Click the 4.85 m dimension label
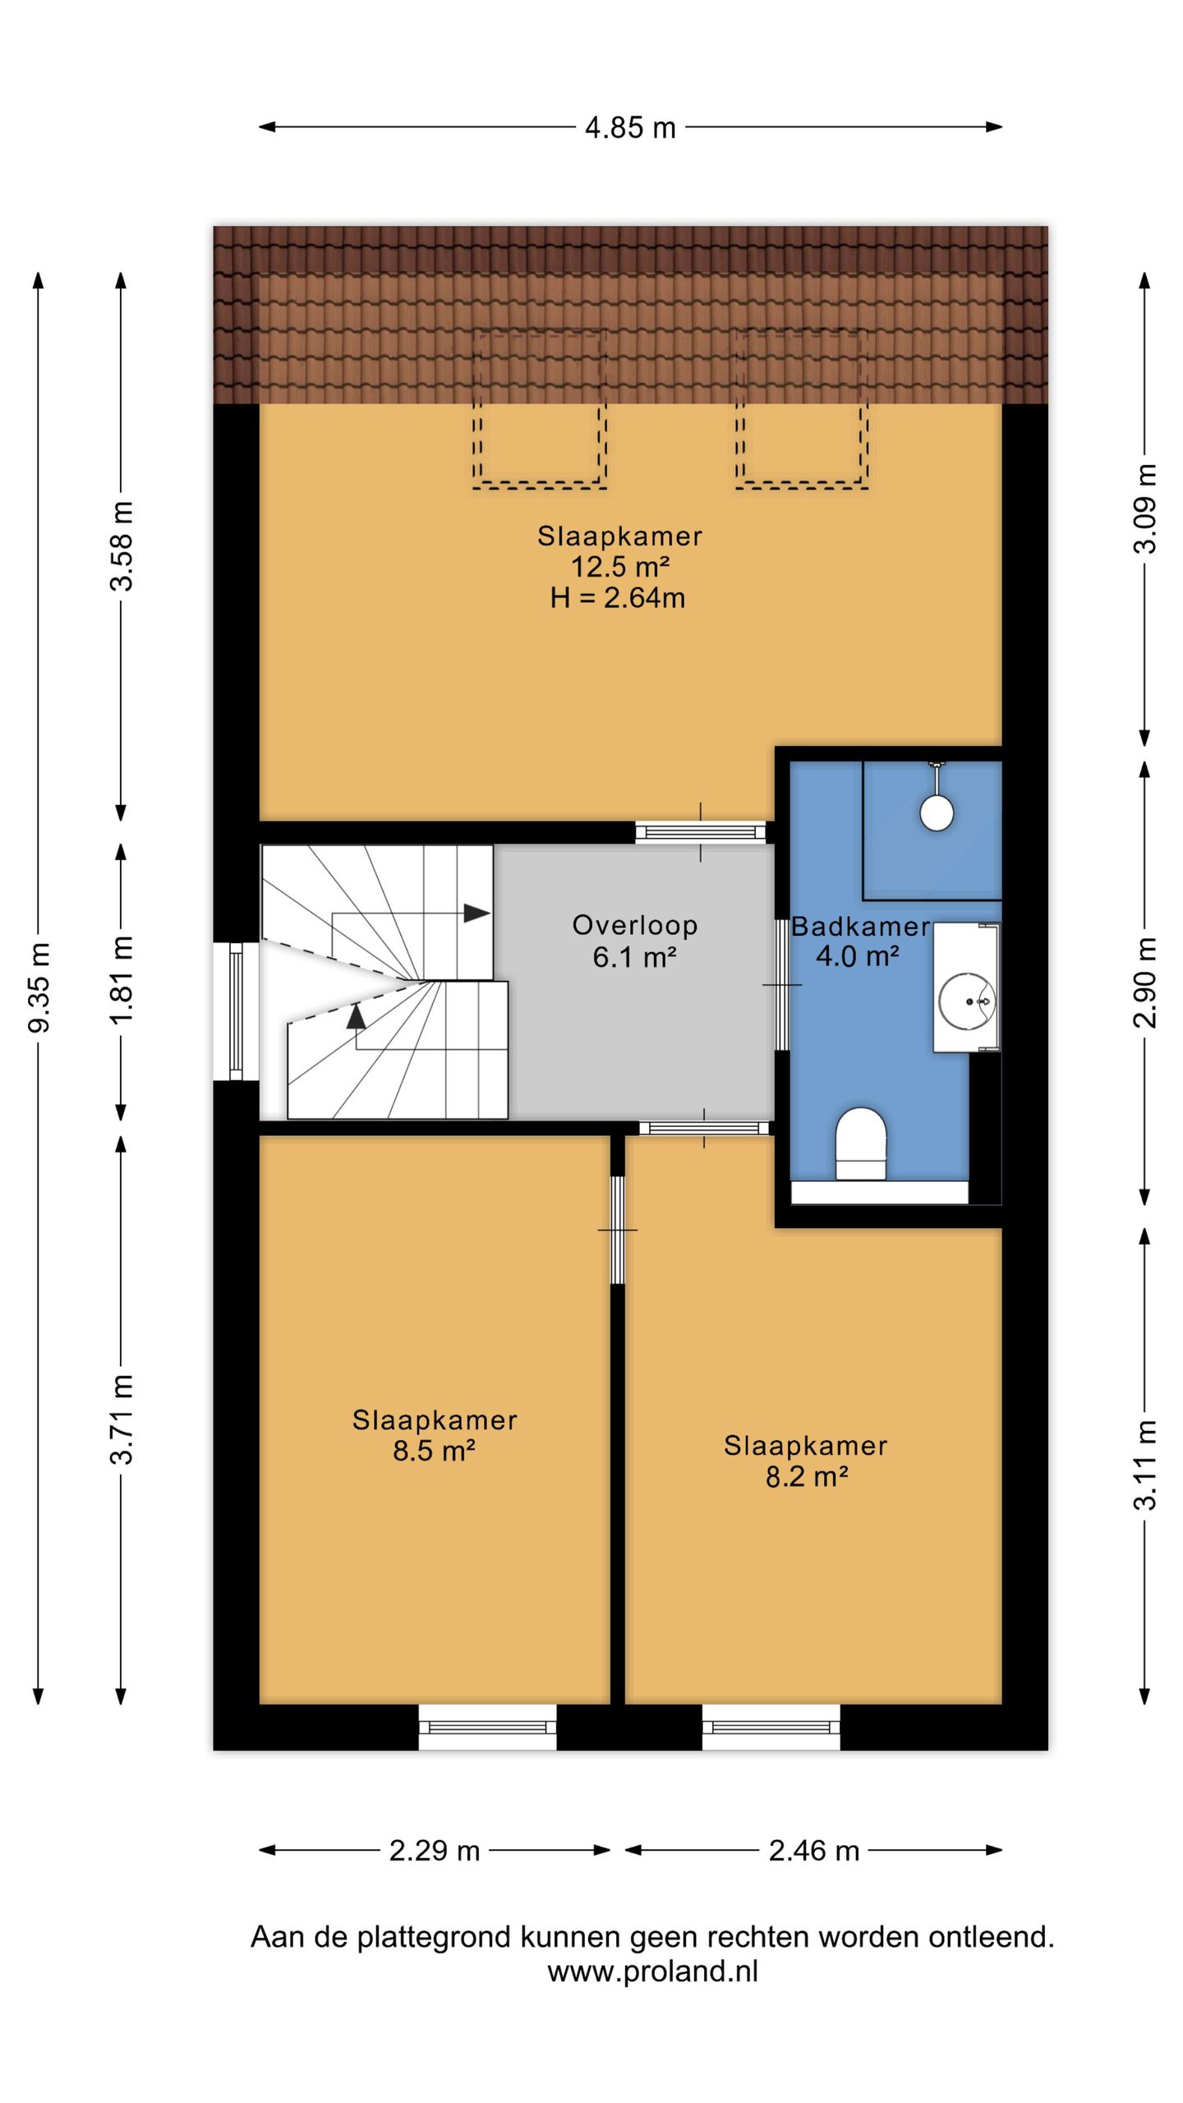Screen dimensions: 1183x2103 (x=630, y=128)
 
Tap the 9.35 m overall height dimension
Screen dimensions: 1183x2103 (x=39, y=987)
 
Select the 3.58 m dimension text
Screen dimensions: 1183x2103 (x=122, y=545)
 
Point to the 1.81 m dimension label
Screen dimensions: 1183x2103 (x=122, y=980)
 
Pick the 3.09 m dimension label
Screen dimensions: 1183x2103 (x=1145, y=508)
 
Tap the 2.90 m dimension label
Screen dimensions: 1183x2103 (x=1145, y=982)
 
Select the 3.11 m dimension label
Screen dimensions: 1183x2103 (x=1145, y=1465)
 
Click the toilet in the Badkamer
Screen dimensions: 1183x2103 (x=860, y=1144)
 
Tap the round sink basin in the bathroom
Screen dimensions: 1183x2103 (x=967, y=1001)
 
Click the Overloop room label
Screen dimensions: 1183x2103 (x=635, y=926)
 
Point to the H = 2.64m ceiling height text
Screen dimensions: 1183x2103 (x=618, y=598)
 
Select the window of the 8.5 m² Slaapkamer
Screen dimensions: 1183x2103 (x=488, y=1727)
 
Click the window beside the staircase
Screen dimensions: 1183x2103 (x=236, y=1010)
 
